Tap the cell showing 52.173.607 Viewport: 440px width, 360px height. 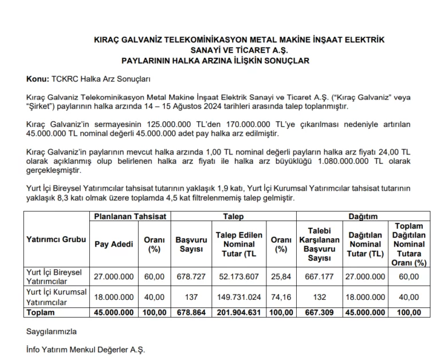(x=239, y=277)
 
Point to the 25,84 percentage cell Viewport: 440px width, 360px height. (x=281, y=277)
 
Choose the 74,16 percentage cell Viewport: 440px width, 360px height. (x=281, y=298)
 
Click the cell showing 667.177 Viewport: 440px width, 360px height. (x=320, y=277)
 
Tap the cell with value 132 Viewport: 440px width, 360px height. (x=320, y=298)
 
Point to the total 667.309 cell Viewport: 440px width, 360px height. (x=320, y=312)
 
